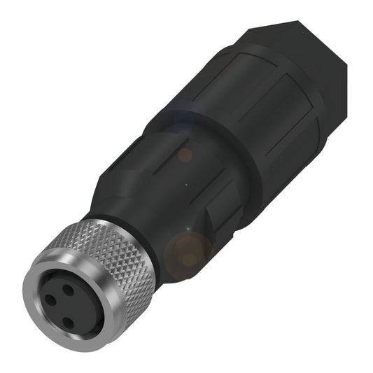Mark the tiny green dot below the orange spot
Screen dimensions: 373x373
click(186, 185)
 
